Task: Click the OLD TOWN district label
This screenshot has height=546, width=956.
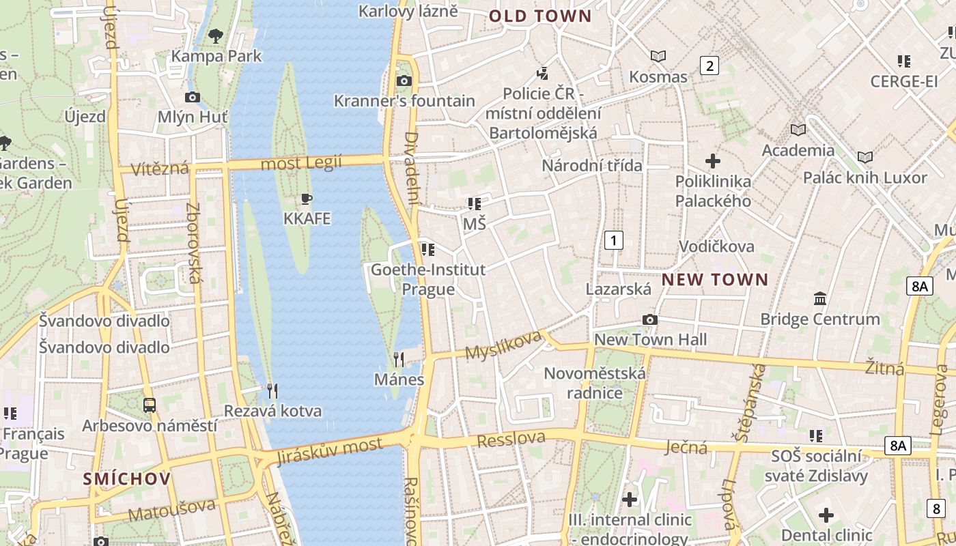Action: coord(539,16)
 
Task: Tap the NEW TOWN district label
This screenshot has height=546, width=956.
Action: coord(715,280)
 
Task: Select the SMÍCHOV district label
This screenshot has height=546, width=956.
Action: coord(127,479)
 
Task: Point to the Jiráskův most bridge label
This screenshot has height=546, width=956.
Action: coord(330,451)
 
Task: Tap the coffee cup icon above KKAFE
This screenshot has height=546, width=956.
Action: coord(307,199)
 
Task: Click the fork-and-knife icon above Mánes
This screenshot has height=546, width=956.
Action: coord(399,359)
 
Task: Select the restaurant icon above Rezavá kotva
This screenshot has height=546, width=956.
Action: coord(272,390)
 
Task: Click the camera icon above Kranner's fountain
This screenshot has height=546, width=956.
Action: coord(404,81)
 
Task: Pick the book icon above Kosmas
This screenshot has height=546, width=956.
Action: coord(658,56)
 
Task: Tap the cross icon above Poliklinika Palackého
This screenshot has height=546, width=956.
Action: coord(713,161)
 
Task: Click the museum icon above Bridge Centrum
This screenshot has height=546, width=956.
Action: coord(820,298)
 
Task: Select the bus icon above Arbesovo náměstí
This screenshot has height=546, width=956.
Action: coord(150,405)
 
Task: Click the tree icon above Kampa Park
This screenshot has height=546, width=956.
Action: coord(216,35)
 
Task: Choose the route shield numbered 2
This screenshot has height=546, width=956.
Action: coord(709,66)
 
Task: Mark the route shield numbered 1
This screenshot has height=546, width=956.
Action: coord(614,240)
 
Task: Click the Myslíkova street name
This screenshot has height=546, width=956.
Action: coord(503,345)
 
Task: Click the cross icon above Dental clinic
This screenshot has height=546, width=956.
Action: coord(826,515)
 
